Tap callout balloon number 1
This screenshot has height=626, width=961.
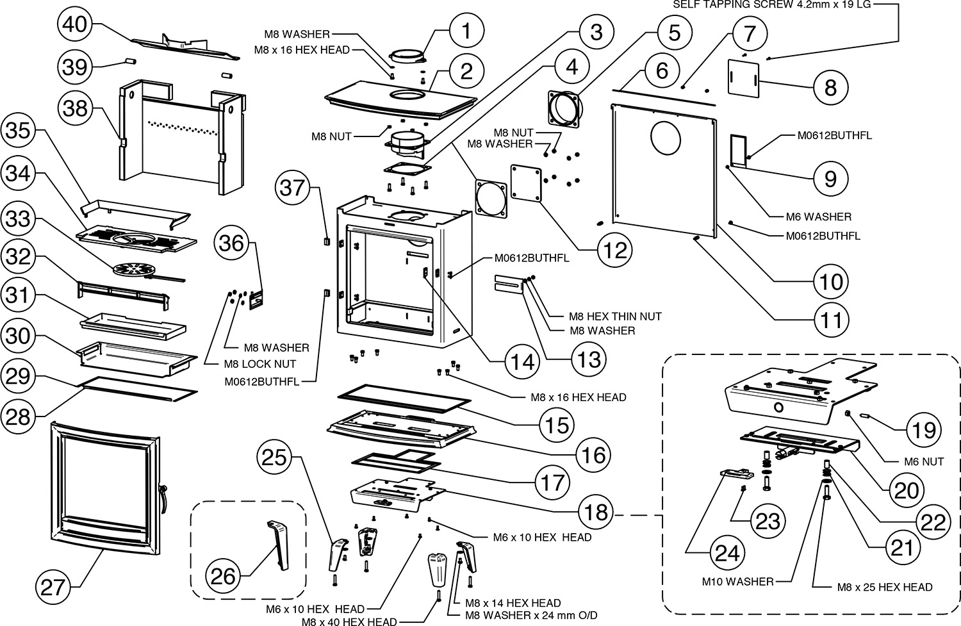466,31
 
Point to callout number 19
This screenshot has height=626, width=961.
924,430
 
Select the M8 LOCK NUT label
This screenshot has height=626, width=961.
259,364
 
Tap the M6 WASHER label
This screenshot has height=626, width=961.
818,217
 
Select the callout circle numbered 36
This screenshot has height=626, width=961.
233,243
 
